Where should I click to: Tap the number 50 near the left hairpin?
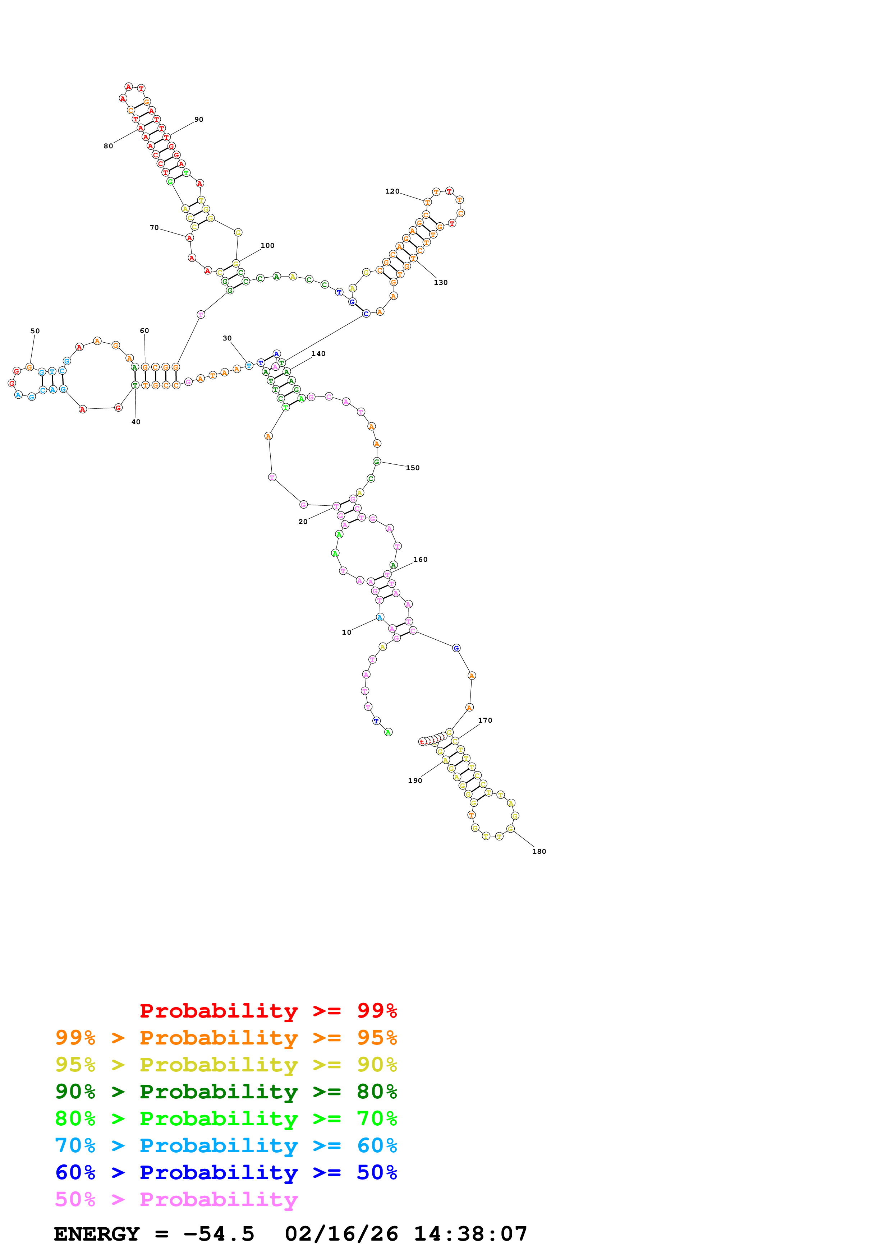tap(35, 331)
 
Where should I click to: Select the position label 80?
tap(108, 146)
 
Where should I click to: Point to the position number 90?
tap(199, 119)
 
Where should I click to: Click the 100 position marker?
tap(267, 245)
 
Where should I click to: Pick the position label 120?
tap(392, 191)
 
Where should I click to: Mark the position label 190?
tap(415, 780)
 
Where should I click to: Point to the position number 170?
tap(485, 720)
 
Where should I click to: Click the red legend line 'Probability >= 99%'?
tap(268, 1010)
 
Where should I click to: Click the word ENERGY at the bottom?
tap(97, 1234)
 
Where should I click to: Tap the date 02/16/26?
tap(341, 1234)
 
